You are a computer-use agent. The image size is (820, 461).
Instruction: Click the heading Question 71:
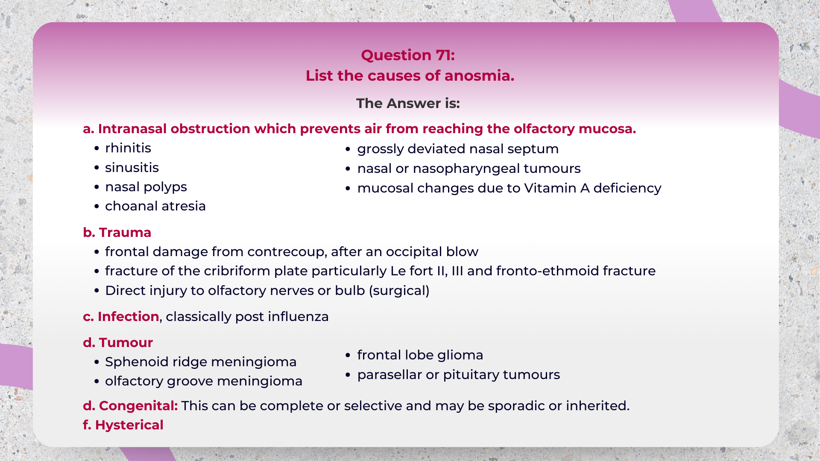[408, 55]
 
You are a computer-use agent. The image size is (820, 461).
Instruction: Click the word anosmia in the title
[479, 76]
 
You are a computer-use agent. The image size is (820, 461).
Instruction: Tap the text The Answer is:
[408, 103]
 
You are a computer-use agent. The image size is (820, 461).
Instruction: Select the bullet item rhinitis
[128, 148]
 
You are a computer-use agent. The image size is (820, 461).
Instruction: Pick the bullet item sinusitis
[132, 168]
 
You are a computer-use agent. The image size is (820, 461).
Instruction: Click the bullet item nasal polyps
[146, 187]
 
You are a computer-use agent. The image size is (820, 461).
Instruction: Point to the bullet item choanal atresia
[155, 206]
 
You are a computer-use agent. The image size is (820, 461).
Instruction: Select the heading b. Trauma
[117, 233]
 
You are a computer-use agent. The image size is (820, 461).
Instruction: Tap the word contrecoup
[287, 252]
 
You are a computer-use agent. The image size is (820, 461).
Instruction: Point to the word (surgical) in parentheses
[399, 291]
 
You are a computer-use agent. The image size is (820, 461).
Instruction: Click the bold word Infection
[128, 317]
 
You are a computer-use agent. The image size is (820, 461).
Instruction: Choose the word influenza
[298, 317]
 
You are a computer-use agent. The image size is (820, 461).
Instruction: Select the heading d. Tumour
[118, 343]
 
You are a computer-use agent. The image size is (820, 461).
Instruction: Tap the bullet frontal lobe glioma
[420, 355]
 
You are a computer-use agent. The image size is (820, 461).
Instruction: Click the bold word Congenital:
[138, 406]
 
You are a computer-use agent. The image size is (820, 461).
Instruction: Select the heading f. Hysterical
[123, 425]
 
